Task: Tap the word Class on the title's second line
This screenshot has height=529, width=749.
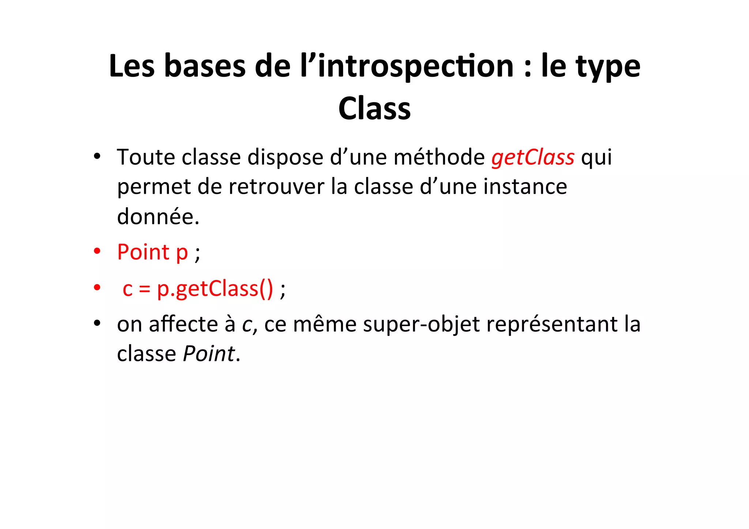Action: pos(374,109)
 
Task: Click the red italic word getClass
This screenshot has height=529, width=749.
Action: pos(533,158)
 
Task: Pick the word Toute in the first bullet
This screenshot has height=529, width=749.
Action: pos(146,157)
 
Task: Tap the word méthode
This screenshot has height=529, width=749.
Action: pos(439,157)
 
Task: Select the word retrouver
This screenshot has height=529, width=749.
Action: pos(276,187)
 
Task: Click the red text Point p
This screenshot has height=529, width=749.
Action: pos(153,252)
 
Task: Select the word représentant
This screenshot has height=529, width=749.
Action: pos(552,324)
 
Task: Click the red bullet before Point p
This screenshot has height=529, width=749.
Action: pos(97,252)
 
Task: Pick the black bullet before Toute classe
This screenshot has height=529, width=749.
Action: pos(97,157)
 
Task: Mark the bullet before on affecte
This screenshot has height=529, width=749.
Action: pos(97,324)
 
